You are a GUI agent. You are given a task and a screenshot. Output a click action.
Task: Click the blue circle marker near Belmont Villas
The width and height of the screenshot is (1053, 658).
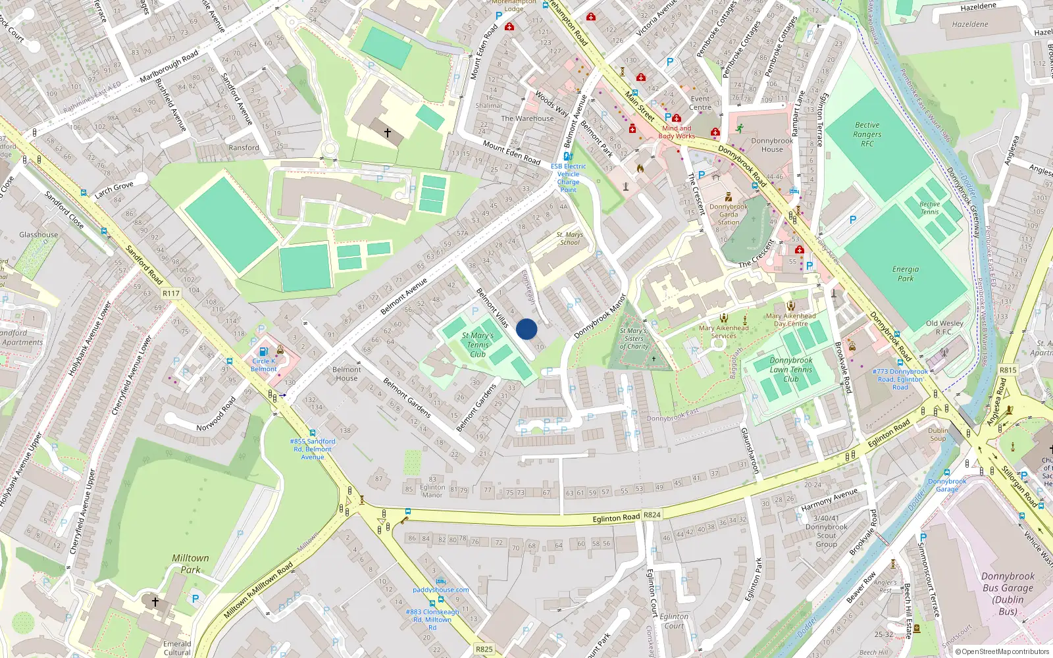[526, 329]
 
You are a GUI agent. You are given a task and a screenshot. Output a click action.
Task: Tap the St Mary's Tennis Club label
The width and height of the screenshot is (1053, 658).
[478, 345]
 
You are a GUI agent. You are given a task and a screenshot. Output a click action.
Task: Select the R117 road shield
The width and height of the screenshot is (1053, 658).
[171, 293]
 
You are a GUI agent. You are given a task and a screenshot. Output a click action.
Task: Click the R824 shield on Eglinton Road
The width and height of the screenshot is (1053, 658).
[652, 515]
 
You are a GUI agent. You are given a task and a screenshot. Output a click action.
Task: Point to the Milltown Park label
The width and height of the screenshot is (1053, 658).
[190, 564]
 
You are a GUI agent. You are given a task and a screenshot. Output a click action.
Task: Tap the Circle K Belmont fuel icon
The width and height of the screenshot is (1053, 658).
[264, 351]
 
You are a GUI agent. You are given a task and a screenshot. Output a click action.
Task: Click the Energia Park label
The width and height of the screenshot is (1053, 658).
[906, 274]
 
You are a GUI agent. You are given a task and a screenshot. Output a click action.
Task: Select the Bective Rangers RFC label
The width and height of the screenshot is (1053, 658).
[867, 134]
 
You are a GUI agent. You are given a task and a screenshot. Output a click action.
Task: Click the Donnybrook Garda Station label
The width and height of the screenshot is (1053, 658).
[729, 215]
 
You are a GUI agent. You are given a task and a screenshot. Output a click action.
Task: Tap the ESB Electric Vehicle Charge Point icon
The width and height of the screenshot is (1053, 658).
[568, 157]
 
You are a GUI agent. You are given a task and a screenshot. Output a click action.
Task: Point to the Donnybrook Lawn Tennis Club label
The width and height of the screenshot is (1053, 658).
[791, 370]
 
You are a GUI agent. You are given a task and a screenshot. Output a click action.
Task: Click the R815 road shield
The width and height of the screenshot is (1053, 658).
[1008, 370]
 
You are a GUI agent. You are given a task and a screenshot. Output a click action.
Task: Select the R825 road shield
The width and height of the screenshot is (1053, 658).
[484, 649]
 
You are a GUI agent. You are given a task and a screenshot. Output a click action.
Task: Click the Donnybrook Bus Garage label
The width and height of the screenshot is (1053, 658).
[1008, 594]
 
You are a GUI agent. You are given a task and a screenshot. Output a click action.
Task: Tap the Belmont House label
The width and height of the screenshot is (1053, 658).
[346, 374]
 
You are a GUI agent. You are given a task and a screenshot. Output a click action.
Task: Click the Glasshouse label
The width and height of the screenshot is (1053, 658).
[39, 235]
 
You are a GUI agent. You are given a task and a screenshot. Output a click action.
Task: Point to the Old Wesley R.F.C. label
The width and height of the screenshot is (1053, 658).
[944, 327]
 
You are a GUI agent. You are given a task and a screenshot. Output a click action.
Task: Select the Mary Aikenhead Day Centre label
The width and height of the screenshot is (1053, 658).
[790, 320]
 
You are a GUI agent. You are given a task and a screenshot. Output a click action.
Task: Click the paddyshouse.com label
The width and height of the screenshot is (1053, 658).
[441, 590]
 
